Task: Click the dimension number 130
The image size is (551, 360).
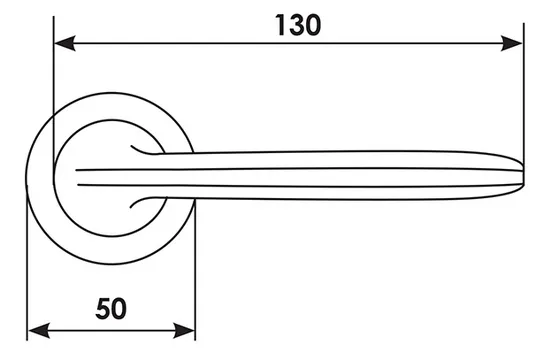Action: pos(298,25)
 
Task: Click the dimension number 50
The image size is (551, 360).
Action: pos(111,309)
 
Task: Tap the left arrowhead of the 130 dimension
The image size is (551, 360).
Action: pos(65,43)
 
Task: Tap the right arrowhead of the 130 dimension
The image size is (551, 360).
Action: pos(512,43)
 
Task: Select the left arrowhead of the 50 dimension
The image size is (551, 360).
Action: pos(39,331)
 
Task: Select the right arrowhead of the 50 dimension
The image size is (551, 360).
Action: pos(184,331)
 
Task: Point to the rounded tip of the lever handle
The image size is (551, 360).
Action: pos(523,175)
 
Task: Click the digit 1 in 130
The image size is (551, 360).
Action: pos(281,25)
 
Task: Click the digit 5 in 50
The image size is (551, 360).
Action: pos(102,309)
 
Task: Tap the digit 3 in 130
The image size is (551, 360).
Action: pos(296,25)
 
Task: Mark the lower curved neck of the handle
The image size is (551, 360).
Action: pos(148,201)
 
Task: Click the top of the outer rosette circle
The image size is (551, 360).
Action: pos(110,93)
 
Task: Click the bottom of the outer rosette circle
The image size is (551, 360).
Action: pos(110,264)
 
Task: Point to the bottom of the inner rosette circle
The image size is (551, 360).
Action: pos(112,236)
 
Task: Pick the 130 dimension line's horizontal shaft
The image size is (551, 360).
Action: pos(289,43)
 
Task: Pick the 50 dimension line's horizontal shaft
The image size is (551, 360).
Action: pos(111,331)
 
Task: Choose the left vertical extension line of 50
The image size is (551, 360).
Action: pos(27,267)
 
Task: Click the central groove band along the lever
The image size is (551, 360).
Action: pos(299,178)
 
